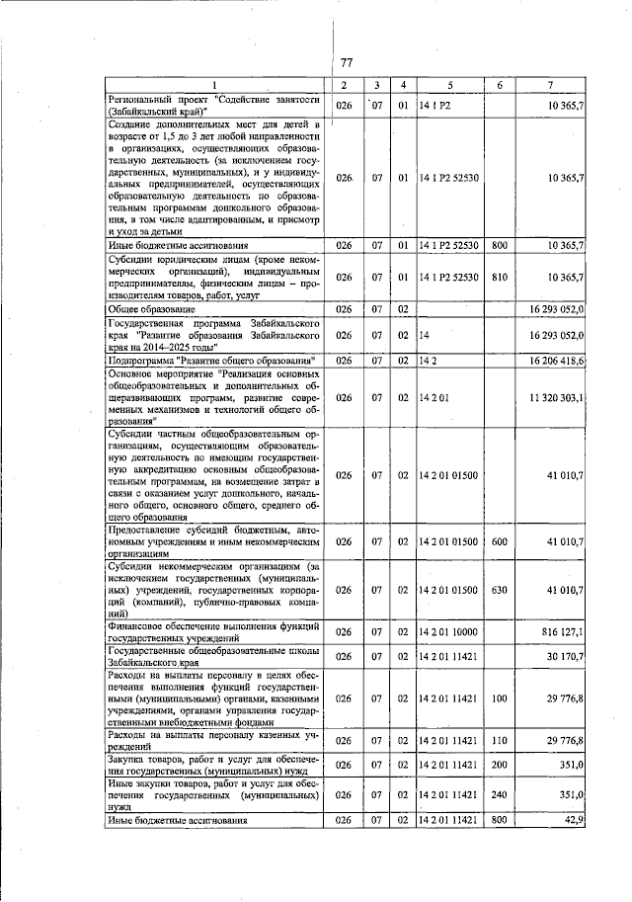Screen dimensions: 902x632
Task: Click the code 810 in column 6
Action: (500, 279)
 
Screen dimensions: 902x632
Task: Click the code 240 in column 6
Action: (500, 793)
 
